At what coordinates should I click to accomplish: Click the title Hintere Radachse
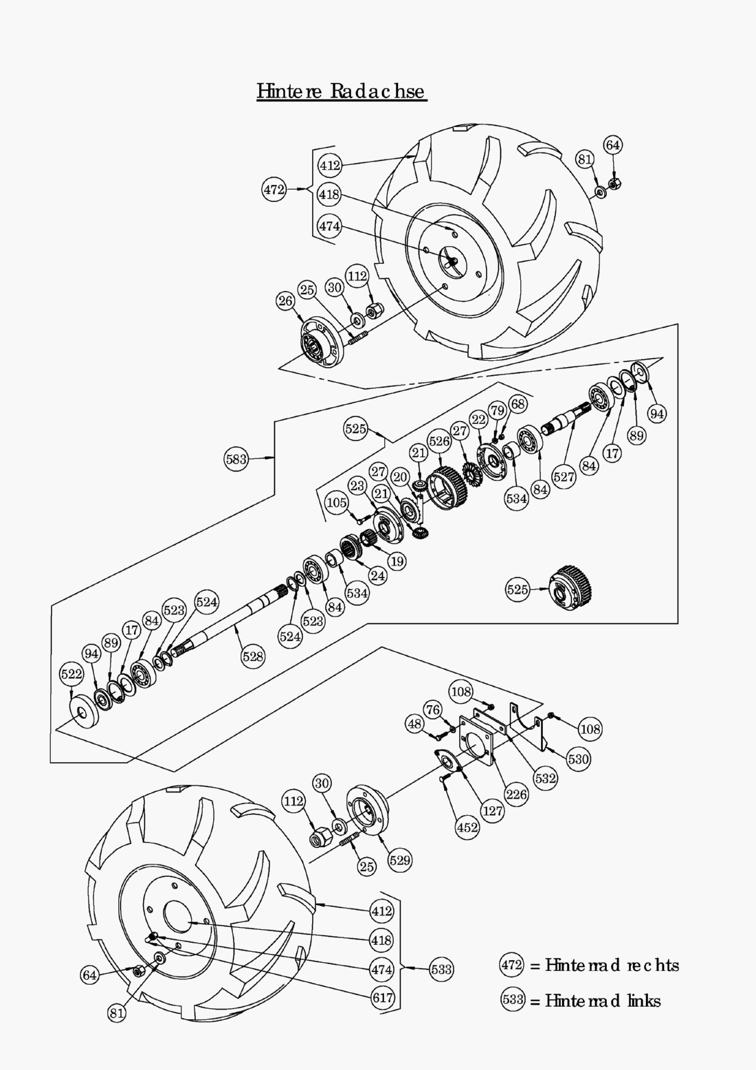342,91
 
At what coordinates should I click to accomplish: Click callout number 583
236,459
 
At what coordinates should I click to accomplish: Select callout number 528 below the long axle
252,656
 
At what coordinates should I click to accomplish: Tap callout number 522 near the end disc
71,674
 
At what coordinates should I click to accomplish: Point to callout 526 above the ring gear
439,441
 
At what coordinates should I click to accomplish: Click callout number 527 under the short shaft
564,477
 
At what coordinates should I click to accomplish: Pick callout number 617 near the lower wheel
383,997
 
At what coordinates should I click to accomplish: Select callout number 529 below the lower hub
399,860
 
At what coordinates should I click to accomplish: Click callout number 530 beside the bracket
579,759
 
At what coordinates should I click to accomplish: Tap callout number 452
467,827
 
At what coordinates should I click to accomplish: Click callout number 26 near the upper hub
286,300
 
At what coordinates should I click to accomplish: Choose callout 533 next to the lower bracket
441,969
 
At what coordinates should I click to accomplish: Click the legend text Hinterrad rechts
612,966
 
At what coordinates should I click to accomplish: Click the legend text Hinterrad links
603,1001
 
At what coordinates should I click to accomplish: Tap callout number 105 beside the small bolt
336,503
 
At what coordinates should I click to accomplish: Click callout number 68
518,403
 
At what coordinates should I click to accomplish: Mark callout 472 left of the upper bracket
274,189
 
